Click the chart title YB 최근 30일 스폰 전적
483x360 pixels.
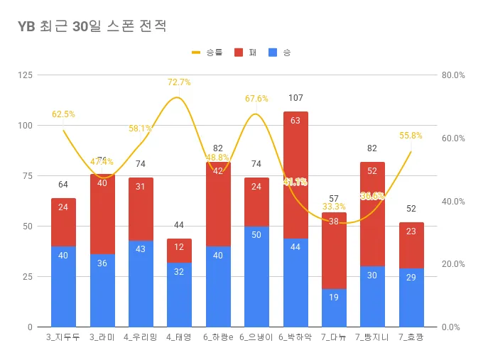(92, 26)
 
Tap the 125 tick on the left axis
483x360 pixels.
(26, 75)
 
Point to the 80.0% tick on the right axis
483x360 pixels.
(452, 75)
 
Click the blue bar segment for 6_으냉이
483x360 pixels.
(256, 277)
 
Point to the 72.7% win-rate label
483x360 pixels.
(179, 82)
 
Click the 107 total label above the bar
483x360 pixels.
(295, 98)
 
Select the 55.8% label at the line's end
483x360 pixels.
(411, 136)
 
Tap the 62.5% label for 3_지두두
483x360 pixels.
(63, 114)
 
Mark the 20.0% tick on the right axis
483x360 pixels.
(452, 264)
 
